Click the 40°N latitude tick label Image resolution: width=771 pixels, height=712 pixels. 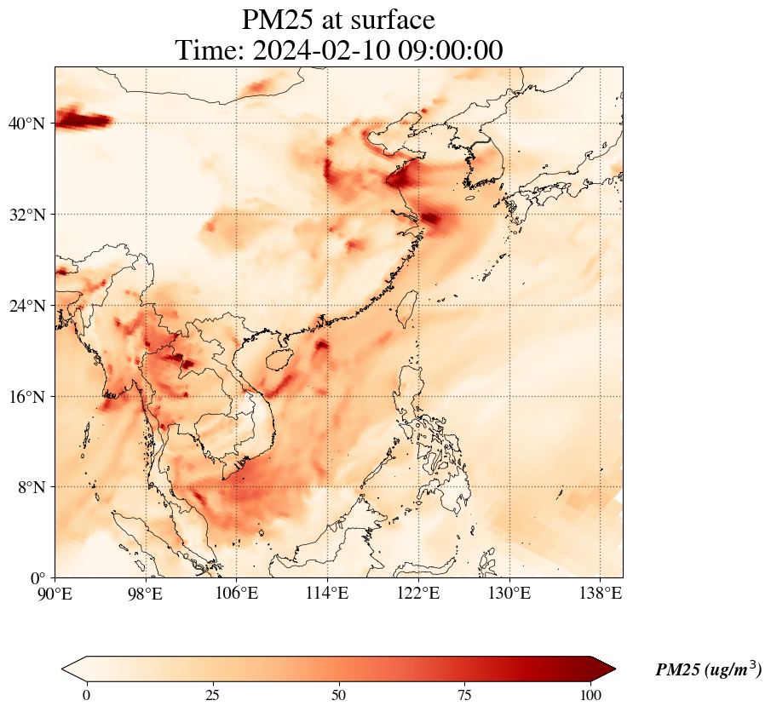(x=26, y=124)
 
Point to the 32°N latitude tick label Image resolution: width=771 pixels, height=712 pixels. (x=26, y=215)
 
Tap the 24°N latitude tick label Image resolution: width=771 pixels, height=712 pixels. (x=26, y=306)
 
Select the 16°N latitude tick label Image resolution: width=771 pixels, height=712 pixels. (x=26, y=397)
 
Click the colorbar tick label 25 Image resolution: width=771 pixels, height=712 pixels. (x=213, y=695)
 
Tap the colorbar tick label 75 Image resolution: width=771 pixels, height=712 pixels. (x=465, y=695)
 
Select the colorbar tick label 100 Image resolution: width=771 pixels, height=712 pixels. (x=591, y=695)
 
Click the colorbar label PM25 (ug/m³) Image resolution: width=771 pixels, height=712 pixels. (x=708, y=670)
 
